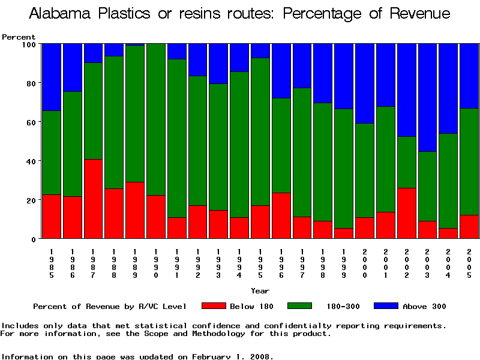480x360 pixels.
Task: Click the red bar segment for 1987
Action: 94,199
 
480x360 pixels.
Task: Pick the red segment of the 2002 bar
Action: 406,213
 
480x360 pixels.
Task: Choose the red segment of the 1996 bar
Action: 281,215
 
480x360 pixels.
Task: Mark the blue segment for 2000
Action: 365,83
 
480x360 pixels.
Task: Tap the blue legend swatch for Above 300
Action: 385,306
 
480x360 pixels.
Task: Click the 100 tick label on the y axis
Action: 28,44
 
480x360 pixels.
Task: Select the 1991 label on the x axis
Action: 177,262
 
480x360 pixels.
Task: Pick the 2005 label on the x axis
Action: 469,262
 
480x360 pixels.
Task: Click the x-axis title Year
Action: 260,291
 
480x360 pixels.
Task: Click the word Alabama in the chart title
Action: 65,14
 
